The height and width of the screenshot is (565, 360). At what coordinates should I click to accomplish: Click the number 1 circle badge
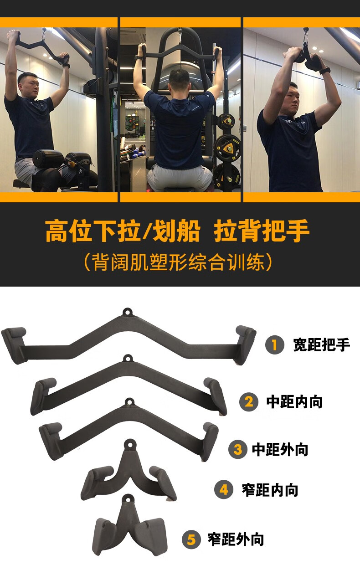pyautogui.click(x=275, y=345)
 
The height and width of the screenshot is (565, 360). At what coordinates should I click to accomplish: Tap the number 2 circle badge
pyautogui.click(x=249, y=402)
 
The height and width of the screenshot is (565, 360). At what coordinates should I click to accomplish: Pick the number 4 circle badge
pyautogui.click(x=224, y=490)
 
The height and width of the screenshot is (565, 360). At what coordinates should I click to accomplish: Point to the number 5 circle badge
pyautogui.click(x=191, y=540)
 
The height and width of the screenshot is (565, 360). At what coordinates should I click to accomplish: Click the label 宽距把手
pyautogui.click(x=321, y=345)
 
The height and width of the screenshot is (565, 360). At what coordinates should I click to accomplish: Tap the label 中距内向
pyautogui.click(x=294, y=402)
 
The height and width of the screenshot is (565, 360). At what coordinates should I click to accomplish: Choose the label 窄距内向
pyautogui.click(x=270, y=490)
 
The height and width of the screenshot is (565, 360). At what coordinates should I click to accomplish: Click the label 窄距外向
pyautogui.click(x=236, y=540)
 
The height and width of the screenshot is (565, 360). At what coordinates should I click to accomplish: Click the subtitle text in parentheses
pyautogui.click(x=180, y=263)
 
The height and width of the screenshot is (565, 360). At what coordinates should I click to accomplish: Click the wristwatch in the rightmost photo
pyautogui.click(x=324, y=71)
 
